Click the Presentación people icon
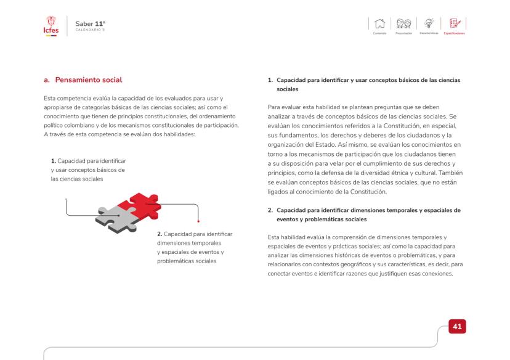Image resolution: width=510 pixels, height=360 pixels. (404, 23)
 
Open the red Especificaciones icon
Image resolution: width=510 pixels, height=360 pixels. (456, 23)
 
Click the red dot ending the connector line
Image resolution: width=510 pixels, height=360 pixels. (198, 221)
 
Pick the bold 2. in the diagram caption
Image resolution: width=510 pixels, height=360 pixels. (160, 235)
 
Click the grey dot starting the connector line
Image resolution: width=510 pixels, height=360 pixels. (66, 199)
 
